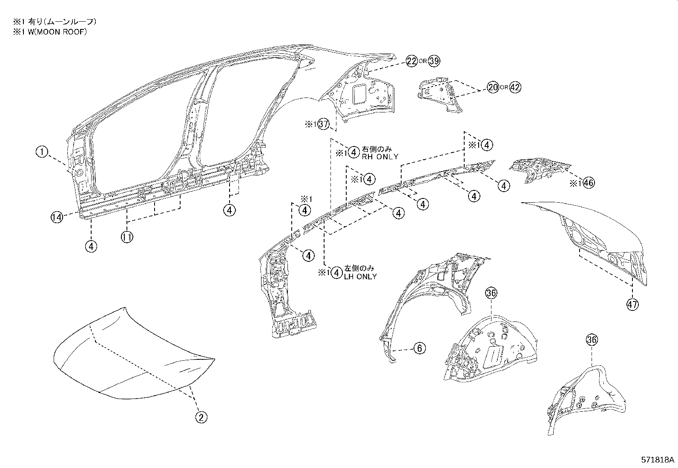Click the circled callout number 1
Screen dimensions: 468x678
click(42, 152)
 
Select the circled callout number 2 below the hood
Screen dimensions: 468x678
click(201, 417)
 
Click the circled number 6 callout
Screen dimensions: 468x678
click(419, 348)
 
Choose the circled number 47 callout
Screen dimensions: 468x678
click(632, 304)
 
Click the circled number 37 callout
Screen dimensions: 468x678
click(324, 125)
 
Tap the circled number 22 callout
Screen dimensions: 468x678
click(411, 61)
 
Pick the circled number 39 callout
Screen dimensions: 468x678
click(434, 61)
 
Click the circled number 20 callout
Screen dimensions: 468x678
click(493, 88)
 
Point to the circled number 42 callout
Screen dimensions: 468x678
click(515, 88)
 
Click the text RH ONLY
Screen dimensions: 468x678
click(380, 157)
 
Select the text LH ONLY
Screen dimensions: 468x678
click(360, 276)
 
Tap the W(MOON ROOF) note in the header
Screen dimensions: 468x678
click(50, 32)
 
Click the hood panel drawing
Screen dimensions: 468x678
click(132, 353)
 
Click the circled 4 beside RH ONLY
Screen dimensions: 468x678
click(353, 152)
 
